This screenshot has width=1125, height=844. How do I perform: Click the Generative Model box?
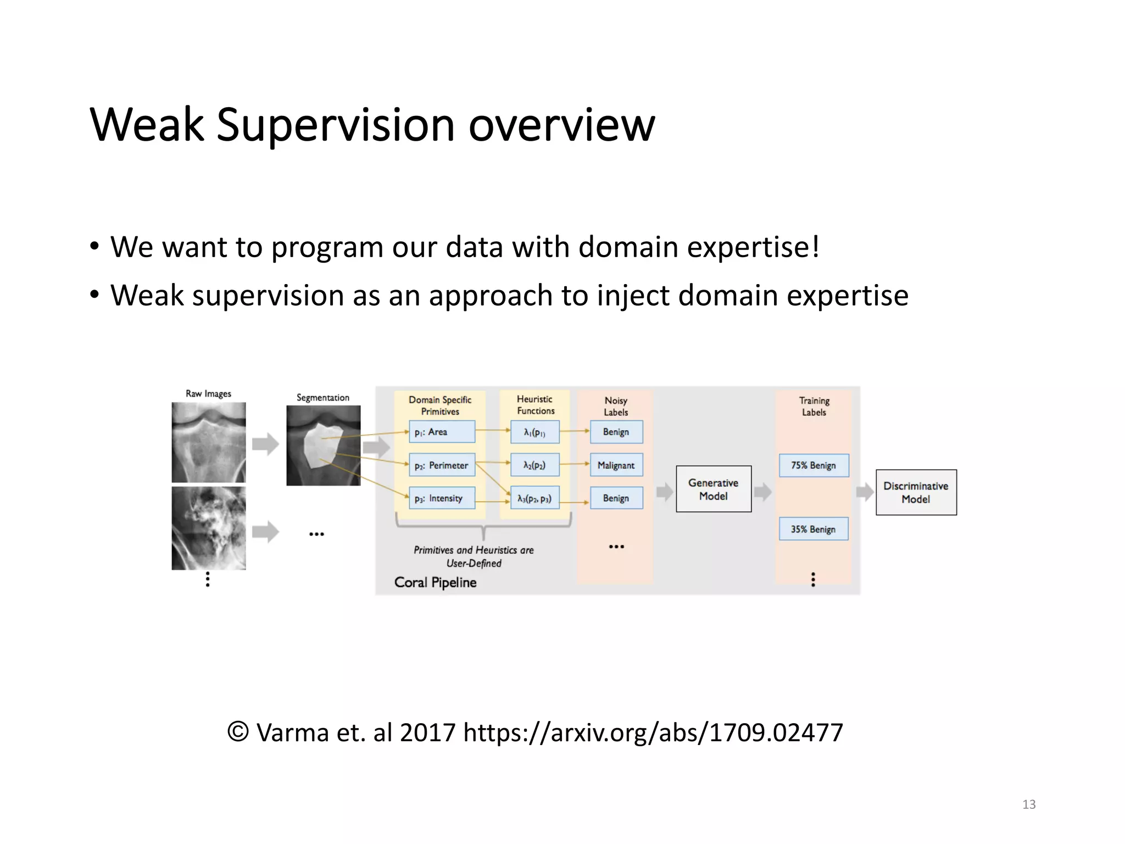click(x=713, y=489)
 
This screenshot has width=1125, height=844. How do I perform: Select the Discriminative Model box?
click(x=916, y=492)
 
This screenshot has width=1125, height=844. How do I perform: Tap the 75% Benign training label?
click(x=814, y=465)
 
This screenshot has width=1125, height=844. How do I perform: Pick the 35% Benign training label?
click(x=813, y=529)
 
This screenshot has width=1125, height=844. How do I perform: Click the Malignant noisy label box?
click(x=616, y=465)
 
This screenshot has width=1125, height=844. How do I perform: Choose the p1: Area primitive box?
click(x=442, y=432)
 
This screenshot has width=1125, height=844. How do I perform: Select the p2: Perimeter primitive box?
click(x=442, y=465)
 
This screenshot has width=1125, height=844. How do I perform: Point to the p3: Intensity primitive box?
click(x=442, y=498)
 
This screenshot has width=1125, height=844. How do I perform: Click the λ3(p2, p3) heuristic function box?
click(x=534, y=498)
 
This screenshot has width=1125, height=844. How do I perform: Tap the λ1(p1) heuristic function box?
click(x=534, y=432)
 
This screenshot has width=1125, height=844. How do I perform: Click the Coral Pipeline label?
click(x=435, y=582)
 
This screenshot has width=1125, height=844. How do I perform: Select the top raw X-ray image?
click(x=209, y=442)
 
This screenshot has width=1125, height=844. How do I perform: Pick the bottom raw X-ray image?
click(x=209, y=528)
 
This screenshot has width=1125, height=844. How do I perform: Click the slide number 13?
click(x=1029, y=804)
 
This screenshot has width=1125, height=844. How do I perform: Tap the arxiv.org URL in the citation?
click(x=653, y=732)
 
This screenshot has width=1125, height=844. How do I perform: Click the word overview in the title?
click(x=561, y=125)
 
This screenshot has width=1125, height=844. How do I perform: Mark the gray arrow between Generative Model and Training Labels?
click(x=763, y=492)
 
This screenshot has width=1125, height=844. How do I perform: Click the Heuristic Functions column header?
click(x=535, y=405)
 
